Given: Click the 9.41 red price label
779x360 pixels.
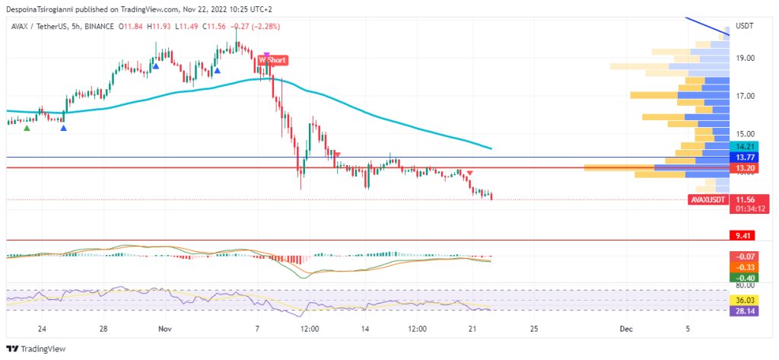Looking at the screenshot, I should tap(740, 236).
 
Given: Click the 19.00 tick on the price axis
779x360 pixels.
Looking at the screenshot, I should tap(745, 59).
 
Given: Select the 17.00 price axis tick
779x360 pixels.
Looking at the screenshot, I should tap(745, 97).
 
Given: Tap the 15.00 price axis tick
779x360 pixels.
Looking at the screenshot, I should tap(745, 135).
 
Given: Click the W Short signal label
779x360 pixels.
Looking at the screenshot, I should tap(272, 59).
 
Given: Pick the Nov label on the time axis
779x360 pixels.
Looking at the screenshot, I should tap(164, 329).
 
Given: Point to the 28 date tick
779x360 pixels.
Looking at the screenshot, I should tap(103, 329).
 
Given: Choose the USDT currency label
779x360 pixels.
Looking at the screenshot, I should tap(745, 26).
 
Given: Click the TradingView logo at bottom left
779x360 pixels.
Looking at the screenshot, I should tap(37, 349).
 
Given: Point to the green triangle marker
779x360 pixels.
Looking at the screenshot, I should tap(27, 128).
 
